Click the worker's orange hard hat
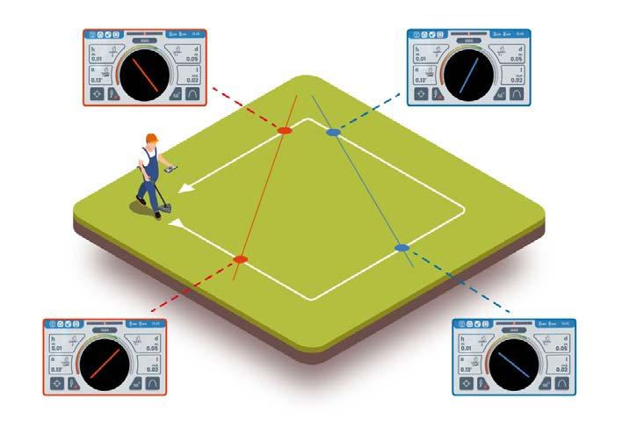[x=152, y=137]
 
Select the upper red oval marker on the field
[x=284, y=130]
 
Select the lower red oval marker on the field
[x=239, y=258]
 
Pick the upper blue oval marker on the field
[x=333, y=133]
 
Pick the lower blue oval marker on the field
[x=401, y=249]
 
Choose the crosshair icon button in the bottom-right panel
[x=465, y=382]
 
